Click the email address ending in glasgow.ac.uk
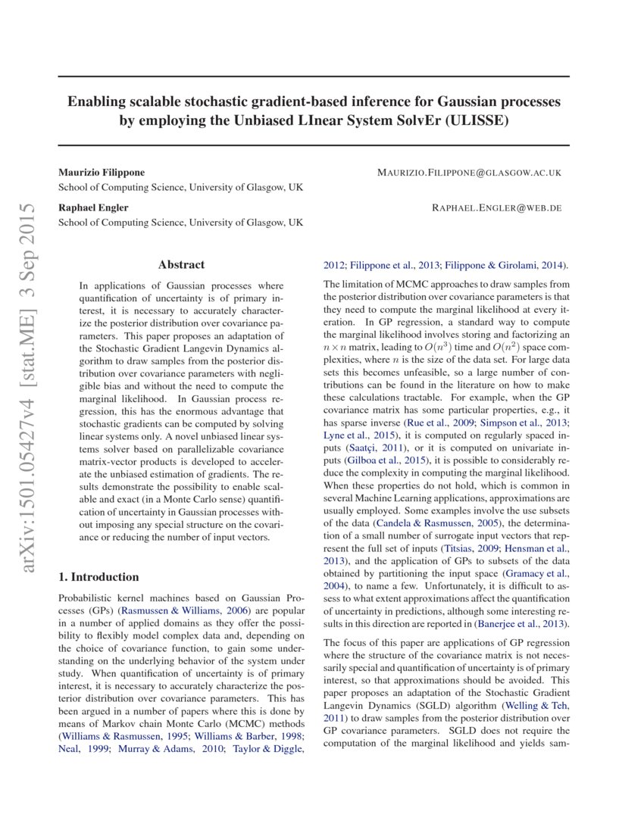pos(469,173)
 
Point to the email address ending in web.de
pos(496,207)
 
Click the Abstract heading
pos(181,264)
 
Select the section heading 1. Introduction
pos(98,576)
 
